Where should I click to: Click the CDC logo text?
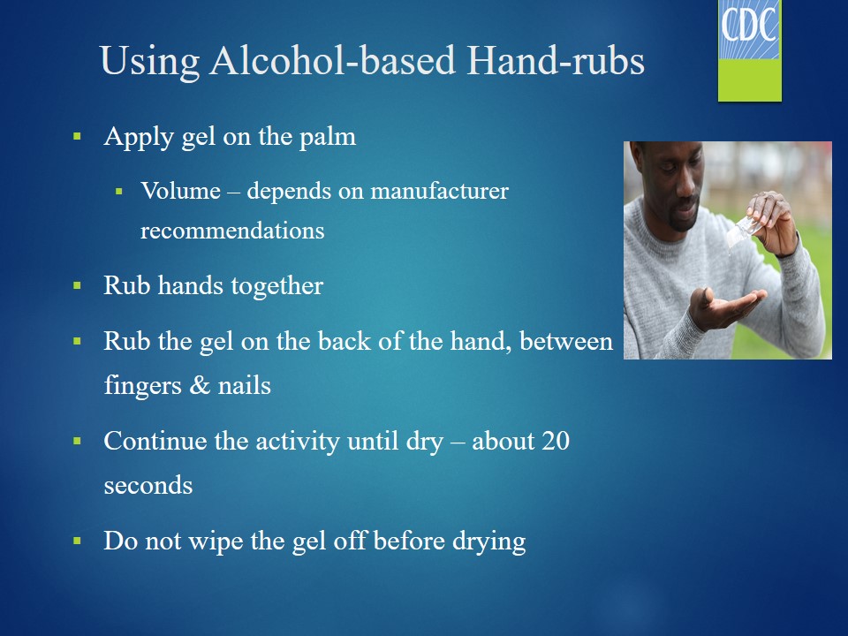pos(749,26)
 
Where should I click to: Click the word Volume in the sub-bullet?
pos(180,191)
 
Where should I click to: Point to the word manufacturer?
pos(440,191)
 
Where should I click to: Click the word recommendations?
pos(232,231)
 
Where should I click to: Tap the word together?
pos(277,286)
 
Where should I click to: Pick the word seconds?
pos(148,485)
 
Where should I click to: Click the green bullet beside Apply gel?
pos(77,136)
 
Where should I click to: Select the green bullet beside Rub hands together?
pos(77,285)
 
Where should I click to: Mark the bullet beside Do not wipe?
pos(77,541)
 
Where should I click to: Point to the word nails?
pos(245,386)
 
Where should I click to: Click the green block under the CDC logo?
pos(750,79)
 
